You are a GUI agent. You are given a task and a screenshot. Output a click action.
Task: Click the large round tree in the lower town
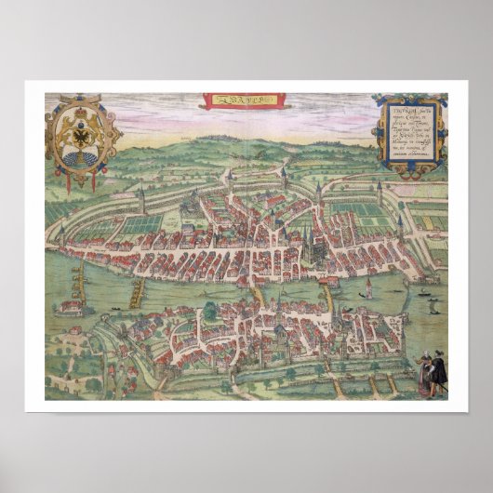point(212,311)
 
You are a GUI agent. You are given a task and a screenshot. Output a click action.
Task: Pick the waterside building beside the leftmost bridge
point(70,305)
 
